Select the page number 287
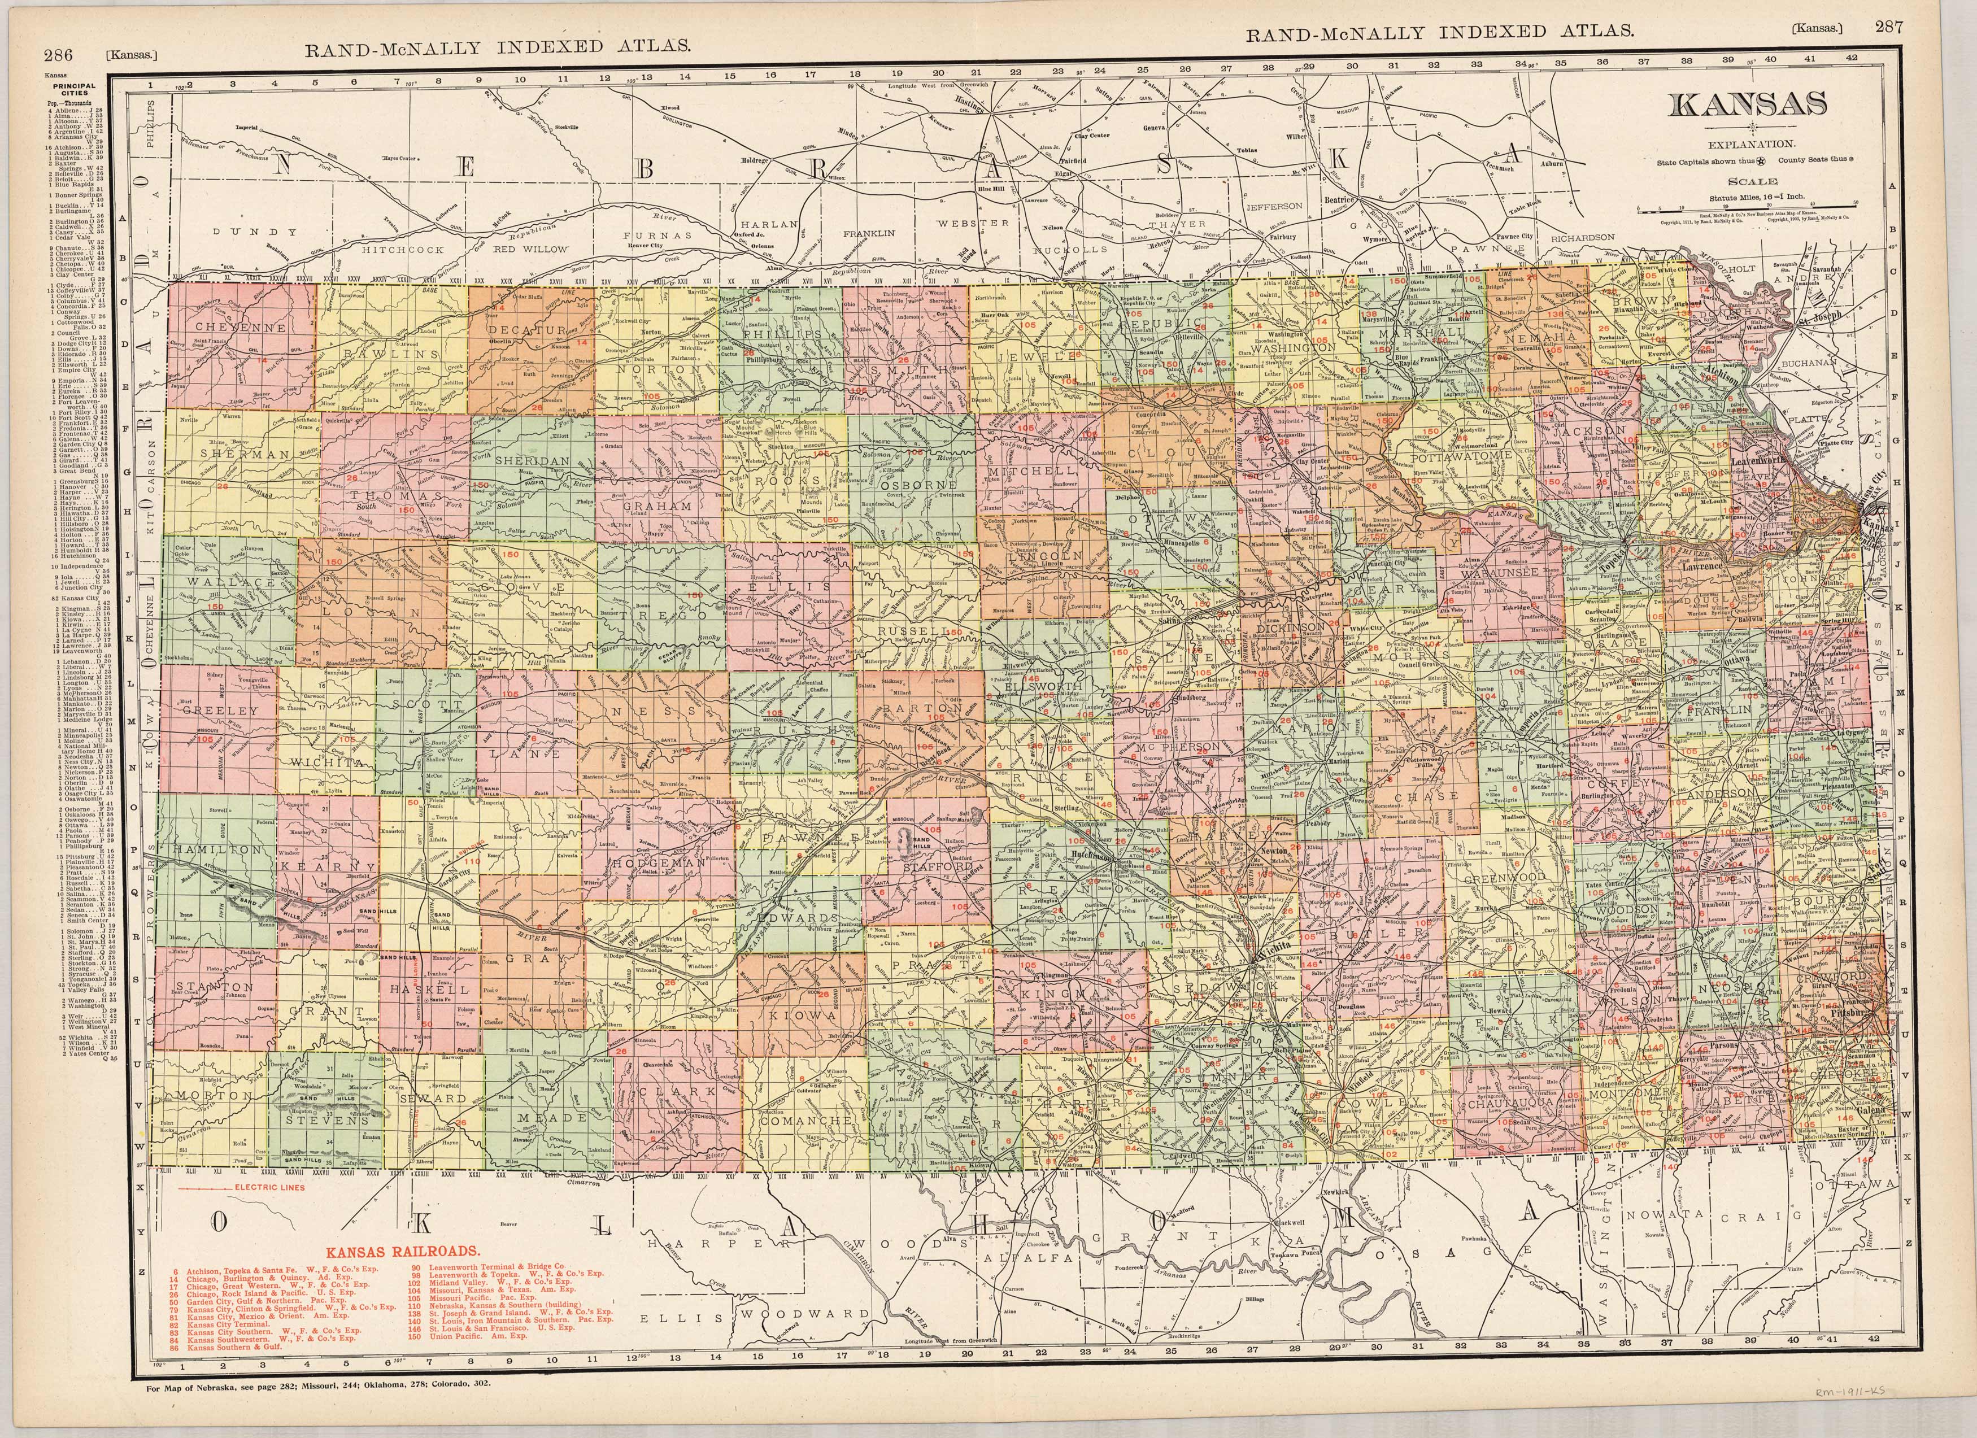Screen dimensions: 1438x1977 tap(1888, 27)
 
